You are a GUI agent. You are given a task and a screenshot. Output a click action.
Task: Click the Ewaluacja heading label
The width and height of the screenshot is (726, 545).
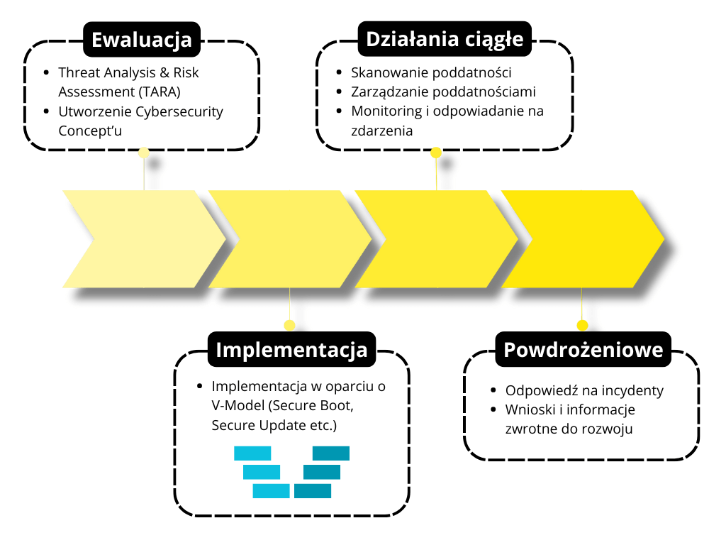coord(142,39)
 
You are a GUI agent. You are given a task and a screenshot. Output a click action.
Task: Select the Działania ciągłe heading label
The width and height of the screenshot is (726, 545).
coord(445,39)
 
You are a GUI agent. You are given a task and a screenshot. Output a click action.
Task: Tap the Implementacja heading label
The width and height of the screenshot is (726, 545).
coord(291,350)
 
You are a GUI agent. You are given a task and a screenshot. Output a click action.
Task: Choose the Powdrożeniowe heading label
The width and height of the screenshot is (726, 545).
coord(583,350)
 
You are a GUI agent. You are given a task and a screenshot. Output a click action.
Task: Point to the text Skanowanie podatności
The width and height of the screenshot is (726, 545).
coord(431,72)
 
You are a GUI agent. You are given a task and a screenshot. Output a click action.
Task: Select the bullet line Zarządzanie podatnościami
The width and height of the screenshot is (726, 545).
coord(443,92)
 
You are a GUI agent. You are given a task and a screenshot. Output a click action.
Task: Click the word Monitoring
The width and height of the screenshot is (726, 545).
coord(384,111)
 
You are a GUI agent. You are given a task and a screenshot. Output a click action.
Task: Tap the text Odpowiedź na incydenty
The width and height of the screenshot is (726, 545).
coord(584,390)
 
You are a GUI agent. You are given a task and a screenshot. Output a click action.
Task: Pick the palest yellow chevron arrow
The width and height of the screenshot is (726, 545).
coord(142,239)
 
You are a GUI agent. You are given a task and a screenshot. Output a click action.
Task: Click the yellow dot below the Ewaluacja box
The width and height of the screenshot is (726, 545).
coord(144,152)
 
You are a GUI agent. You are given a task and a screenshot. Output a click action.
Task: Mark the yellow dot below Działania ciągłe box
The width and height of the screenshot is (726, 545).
coord(436,152)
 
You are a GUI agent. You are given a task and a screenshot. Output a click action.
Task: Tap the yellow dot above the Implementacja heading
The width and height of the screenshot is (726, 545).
coord(289,325)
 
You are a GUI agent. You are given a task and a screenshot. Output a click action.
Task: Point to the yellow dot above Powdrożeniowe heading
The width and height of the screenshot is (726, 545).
coord(582,325)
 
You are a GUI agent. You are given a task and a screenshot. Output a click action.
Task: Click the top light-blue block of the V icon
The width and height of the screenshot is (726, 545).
coord(252,453)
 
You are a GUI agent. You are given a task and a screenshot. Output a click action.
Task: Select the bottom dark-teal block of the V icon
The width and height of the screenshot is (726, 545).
coord(313,490)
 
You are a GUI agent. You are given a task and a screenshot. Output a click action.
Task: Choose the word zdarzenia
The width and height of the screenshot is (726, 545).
coord(382,131)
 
